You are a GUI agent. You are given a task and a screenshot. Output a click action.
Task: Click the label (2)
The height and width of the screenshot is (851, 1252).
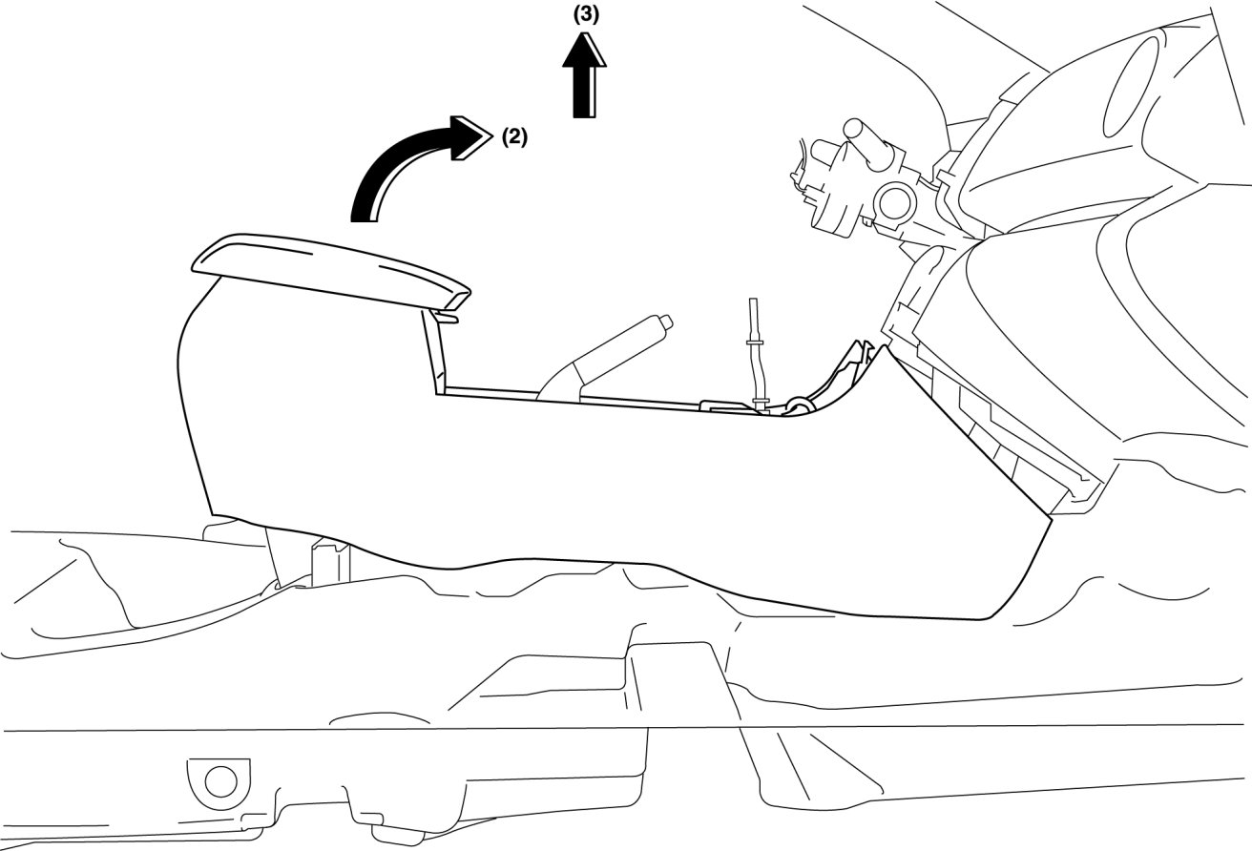pyautogui.click(x=513, y=136)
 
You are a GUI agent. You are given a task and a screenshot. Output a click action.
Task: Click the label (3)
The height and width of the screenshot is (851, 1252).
pyautogui.click(x=586, y=14)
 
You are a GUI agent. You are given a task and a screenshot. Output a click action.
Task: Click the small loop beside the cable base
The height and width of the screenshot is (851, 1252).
pyautogui.click(x=798, y=406)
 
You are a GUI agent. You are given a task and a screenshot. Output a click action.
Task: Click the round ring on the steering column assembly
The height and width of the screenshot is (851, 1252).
pyautogui.click(x=894, y=201)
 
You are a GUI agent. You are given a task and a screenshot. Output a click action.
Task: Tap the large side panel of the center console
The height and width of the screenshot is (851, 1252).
pyautogui.click(x=573, y=487)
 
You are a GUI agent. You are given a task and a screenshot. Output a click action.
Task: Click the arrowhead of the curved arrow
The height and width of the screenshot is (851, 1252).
pyautogui.click(x=472, y=135)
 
